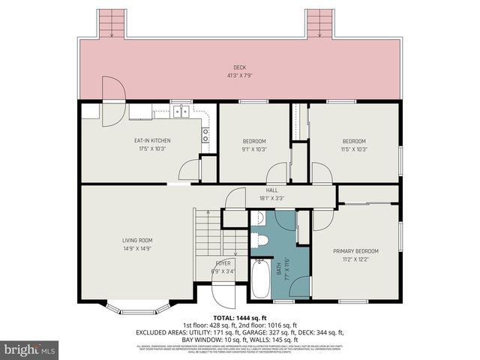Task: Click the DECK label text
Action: (240, 67)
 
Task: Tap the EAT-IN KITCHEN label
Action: (152, 141)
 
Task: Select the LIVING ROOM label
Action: (137, 240)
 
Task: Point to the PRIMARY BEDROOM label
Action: (355, 250)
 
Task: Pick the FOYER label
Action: (223, 263)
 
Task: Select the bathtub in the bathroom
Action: (262, 278)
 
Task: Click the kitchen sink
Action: (181, 112)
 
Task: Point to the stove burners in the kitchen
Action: (205, 133)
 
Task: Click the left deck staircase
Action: (112, 23)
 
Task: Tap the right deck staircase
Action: (318, 23)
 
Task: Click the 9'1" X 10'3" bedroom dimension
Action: (254, 148)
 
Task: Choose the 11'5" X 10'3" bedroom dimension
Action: (354, 148)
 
